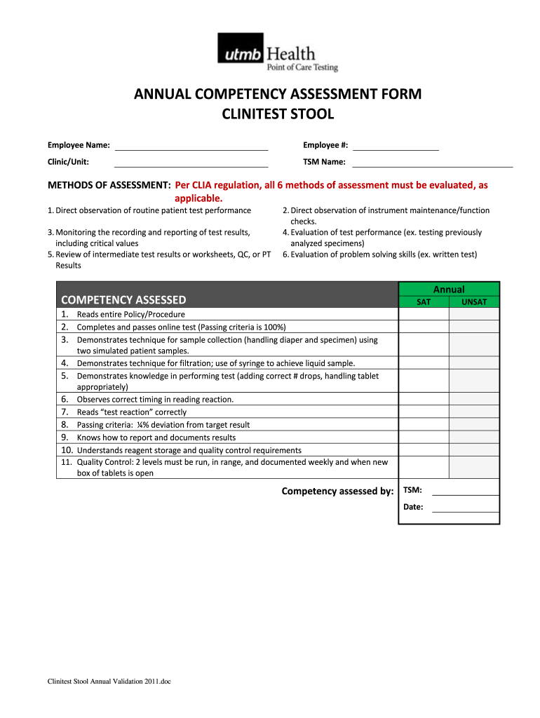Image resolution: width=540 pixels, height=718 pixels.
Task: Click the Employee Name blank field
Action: [191, 146]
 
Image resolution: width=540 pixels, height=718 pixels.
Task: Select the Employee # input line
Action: [396, 146]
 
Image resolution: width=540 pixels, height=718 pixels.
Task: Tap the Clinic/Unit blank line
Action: [191, 163]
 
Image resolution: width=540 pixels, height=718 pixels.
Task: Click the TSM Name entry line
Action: [432, 163]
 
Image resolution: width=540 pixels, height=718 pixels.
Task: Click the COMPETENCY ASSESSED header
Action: [124, 300]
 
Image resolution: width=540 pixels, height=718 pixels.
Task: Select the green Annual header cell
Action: [449, 289]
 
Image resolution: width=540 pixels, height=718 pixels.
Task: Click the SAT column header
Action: [424, 302]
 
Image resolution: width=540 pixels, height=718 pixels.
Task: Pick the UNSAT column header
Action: [474, 302]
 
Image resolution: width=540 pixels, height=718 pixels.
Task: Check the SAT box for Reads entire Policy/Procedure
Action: [424, 314]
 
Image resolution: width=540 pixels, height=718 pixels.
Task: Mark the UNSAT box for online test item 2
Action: [474, 327]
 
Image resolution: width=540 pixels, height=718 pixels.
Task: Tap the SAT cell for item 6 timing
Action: [424, 399]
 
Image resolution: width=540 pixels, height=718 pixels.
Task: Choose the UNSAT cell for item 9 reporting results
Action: [474, 437]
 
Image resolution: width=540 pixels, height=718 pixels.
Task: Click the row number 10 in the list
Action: [67, 449]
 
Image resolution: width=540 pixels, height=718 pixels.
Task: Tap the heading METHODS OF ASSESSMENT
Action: [109, 186]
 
